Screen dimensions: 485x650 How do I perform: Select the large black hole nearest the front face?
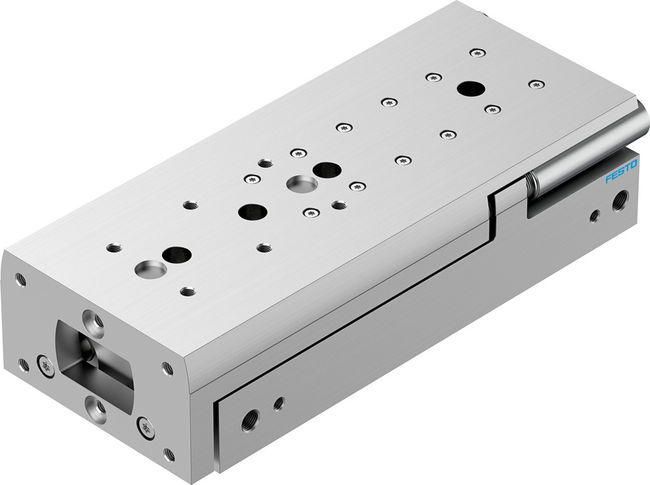[x=176, y=255]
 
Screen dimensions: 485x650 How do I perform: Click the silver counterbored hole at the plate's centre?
[x=301, y=183]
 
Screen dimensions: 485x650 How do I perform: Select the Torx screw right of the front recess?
[x=146, y=427]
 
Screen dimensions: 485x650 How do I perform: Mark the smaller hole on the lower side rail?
[x=279, y=403]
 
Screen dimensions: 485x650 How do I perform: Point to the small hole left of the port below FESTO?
[x=593, y=216]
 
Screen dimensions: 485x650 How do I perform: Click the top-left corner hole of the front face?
[x=21, y=280]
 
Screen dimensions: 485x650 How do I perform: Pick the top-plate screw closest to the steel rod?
[x=536, y=84]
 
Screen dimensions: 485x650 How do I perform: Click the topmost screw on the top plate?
[x=478, y=52]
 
